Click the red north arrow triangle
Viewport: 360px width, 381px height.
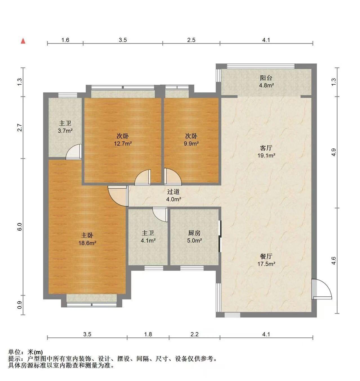23,41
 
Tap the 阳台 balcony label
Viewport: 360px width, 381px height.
266,78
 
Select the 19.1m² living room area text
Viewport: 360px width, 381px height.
266,155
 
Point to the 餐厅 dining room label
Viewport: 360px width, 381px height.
266,256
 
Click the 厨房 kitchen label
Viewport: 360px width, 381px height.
194,233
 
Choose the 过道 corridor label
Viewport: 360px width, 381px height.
173,192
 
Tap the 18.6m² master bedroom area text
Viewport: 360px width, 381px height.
87,243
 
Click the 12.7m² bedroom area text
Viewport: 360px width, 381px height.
123,143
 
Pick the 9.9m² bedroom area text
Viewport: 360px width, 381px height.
191,143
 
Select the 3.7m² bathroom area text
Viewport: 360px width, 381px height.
65,131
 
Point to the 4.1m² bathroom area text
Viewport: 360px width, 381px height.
148,240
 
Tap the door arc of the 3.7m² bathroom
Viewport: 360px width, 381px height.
73,152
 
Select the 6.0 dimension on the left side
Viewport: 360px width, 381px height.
20,227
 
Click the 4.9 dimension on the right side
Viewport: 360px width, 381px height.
334,152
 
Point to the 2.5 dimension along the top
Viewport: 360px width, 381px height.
191,40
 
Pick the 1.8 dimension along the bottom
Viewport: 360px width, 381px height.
148,334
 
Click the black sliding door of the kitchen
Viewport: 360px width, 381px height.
220,236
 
